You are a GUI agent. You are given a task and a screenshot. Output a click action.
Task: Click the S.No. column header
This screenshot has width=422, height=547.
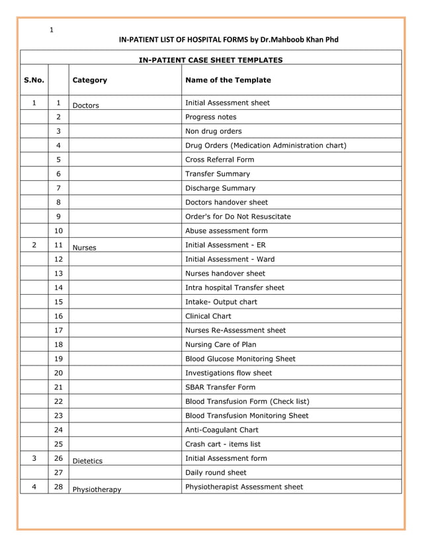(x=34, y=80)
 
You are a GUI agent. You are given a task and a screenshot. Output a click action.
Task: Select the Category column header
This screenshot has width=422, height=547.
(x=89, y=80)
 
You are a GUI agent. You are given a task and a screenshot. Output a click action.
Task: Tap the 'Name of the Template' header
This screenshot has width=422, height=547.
(x=228, y=80)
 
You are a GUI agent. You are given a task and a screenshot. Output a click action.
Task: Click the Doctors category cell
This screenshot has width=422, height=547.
(x=85, y=105)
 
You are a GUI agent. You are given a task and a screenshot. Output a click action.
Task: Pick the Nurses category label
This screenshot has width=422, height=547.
(x=84, y=248)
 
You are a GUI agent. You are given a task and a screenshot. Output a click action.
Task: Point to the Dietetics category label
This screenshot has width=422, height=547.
(x=87, y=461)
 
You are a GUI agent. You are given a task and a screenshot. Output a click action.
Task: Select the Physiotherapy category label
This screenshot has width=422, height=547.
(x=97, y=490)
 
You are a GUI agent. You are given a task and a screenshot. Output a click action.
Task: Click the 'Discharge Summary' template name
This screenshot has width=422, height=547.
(x=220, y=188)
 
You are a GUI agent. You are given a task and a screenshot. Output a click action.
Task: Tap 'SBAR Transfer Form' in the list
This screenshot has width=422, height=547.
(x=220, y=387)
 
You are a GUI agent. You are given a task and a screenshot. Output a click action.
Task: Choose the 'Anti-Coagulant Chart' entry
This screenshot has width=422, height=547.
(x=222, y=430)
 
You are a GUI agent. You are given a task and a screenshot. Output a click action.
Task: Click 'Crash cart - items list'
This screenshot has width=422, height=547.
(x=223, y=444)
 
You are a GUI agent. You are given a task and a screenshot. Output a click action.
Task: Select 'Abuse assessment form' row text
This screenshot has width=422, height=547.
(x=226, y=231)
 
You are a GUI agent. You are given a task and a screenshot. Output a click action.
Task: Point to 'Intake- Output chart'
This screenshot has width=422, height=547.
(x=221, y=302)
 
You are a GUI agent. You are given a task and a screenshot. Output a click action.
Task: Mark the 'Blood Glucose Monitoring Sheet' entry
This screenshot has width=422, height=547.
(x=240, y=359)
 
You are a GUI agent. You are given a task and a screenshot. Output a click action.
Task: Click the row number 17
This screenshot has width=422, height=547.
(x=58, y=330)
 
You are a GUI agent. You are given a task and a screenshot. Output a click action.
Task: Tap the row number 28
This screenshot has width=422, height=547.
(x=58, y=487)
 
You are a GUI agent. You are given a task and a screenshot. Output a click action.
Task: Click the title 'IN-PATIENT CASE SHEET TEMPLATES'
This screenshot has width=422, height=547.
(x=210, y=60)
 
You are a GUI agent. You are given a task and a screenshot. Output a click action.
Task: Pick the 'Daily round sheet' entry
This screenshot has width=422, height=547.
(x=216, y=473)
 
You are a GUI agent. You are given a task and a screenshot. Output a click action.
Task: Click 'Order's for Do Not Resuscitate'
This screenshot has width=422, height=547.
(x=237, y=217)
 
